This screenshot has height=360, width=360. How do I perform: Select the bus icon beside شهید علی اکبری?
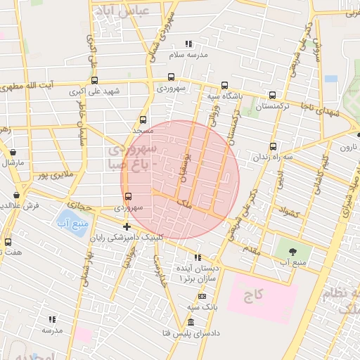[94, 80]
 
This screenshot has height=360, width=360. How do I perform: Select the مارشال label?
[13, 162]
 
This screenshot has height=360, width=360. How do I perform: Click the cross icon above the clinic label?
[127, 226]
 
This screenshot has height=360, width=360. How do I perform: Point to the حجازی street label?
[84, 207]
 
